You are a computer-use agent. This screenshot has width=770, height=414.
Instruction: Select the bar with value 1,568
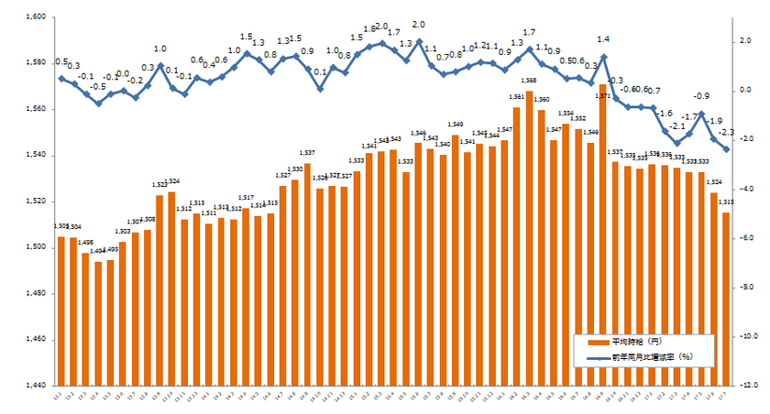click(x=529, y=238)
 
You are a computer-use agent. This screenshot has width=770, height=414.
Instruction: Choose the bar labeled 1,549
click(x=456, y=260)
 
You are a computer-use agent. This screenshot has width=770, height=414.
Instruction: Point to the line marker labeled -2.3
click(x=726, y=148)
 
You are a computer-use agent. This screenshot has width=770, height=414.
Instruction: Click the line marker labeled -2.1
click(x=676, y=143)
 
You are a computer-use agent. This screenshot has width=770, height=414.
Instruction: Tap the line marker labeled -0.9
click(x=701, y=114)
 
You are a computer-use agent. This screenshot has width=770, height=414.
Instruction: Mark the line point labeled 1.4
click(x=602, y=57)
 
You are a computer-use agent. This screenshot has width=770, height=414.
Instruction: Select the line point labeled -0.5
click(x=98, y=103)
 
